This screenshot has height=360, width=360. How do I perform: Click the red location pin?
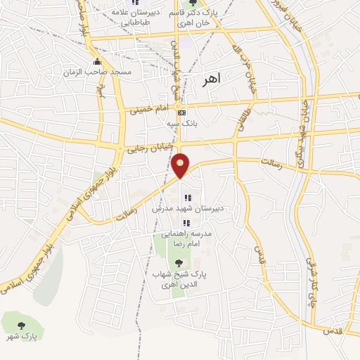[x=181, y=165]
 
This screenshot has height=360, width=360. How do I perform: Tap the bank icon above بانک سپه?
[x=181, y=112]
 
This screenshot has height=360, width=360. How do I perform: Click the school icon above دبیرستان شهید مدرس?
[x=187, y=198]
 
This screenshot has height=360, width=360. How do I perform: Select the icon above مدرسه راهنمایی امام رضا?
[x=186, y=222]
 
